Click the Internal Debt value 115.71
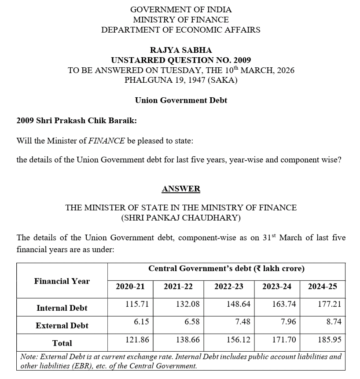pyautogui.click(x=136, y=304)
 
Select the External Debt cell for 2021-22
pyautogui.click(x=192, y=322)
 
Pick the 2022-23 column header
pyautogui.click(x=228, y=287)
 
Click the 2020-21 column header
pyautogui.click(x=130, y=287)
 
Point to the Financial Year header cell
pyautogui.click(x=62, y=281)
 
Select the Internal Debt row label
pyautogui.click(x=62, y=308)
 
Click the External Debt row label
pyautogui.click(x=62, y=326)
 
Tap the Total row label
pyautogui.click(x=62, y=343)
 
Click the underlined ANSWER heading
pyautogui.click(x=180, y=189)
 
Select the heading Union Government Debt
pyautogui.click(x=181, y=100)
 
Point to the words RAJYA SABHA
pyautogui.click(x=181, y=50)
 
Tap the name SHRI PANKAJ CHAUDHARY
pyautogui.click(x=181, y=217)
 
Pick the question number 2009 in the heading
pyautogui.click(x=242, y=60)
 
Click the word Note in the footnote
pyautogui.click(x=29, y=357)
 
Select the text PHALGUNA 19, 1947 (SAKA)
pyautogui.click(x=181, y=80)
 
